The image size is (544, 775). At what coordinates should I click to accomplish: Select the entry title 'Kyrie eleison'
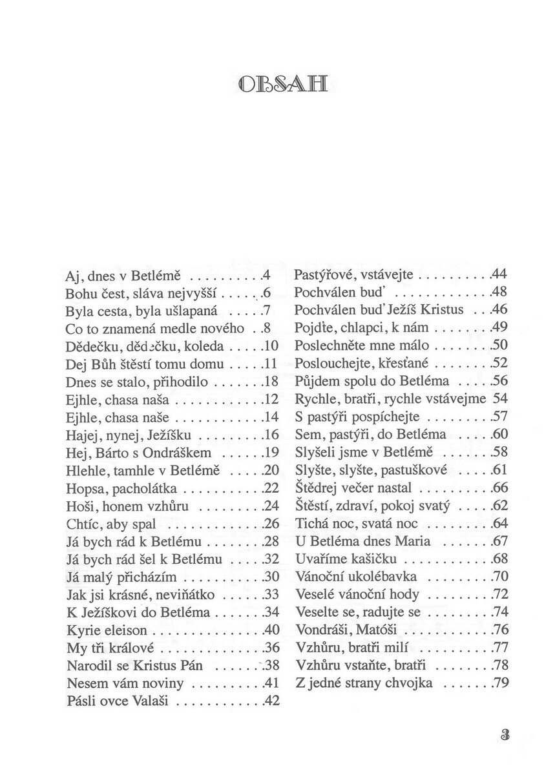tap(107, 629)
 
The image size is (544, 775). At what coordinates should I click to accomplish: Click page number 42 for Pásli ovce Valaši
tap(272, 699)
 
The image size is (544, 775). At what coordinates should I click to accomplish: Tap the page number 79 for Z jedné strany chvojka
tap(501, 682)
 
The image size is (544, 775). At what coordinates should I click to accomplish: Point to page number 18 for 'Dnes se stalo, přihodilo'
tap(272, 382)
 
